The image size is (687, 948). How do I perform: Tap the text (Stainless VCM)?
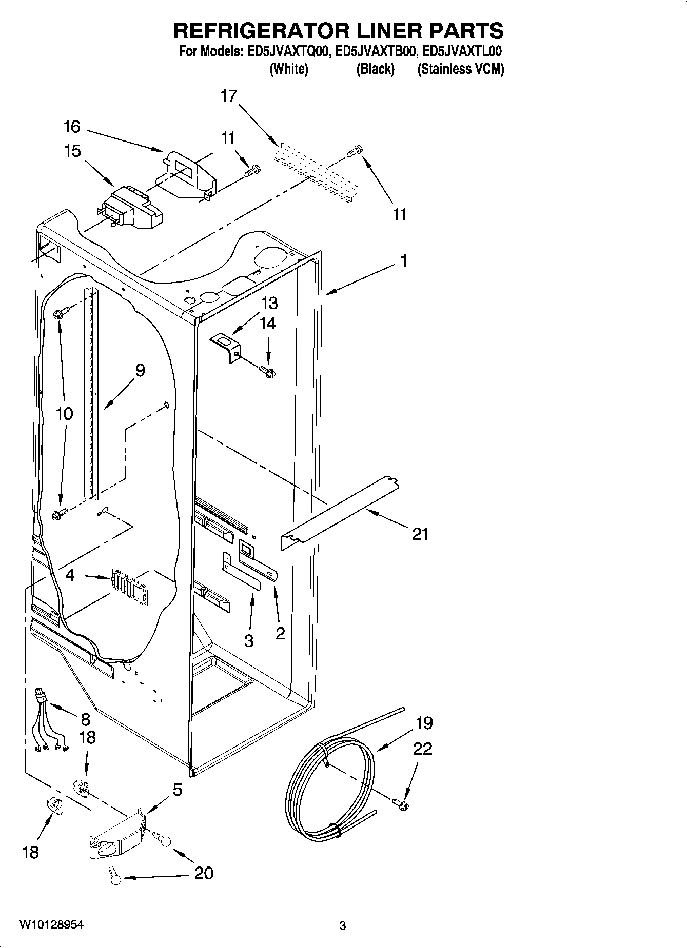[x=460, y=69]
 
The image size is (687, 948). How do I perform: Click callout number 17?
[x=229, y=96]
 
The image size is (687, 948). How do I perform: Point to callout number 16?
[x=72, y=126]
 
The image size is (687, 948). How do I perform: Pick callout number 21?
[x=420, y=535]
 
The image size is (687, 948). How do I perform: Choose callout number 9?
[x=140, y=370]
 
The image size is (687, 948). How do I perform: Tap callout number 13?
[x=269, y=303]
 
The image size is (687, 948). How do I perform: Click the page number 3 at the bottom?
[x=343, y=925]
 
